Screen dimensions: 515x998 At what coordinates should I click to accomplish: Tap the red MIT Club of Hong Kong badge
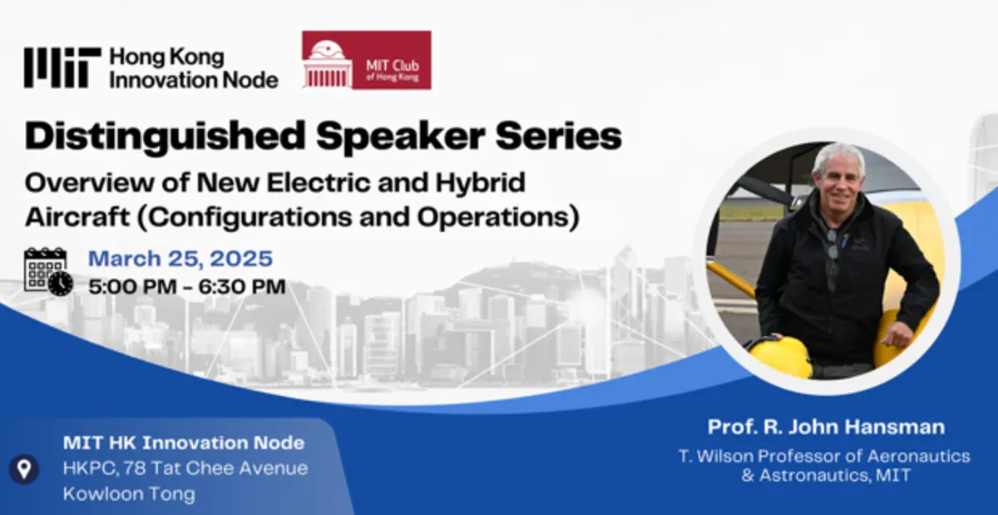(366, 60)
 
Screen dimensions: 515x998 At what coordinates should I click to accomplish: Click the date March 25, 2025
(180, 258)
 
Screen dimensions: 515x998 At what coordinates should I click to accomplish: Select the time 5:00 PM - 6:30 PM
(186, 287)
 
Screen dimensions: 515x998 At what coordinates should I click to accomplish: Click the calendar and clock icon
(47, 271)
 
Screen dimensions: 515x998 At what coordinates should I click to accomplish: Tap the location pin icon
(24, 468)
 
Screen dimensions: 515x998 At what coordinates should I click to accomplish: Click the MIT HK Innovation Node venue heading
(183, 443)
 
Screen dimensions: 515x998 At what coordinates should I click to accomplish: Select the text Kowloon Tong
(129, 493)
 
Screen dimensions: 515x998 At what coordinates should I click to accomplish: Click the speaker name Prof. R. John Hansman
(826, 427)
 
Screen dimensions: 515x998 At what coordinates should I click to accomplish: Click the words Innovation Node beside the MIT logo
(194, 80)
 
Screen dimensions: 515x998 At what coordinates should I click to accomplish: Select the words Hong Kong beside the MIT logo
(167, 58)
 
